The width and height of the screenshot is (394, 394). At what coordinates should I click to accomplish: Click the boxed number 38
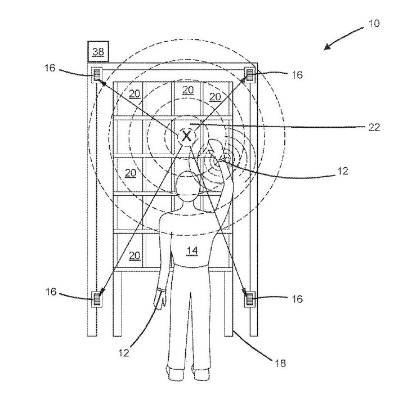[98, 52]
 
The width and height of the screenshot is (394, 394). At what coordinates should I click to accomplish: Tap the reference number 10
[374, 24]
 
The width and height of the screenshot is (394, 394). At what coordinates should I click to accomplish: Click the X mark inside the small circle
[186, 136]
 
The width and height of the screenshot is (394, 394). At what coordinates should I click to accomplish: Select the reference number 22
[374, 127]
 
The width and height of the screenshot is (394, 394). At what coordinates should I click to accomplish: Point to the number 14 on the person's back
[192, 250]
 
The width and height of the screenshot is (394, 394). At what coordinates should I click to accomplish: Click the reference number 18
[280, 363]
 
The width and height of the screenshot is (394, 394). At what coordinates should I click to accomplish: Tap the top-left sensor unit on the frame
[97, 74]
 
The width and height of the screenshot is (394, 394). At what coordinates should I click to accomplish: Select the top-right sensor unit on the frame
[250, 75]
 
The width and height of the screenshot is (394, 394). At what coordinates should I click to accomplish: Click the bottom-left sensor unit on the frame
[97, 299]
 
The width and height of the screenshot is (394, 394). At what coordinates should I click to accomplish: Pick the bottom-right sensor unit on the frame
[250, 299]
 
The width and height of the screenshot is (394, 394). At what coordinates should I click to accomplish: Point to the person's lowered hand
[160, 299]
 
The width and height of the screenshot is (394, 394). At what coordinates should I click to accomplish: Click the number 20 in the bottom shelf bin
[135, 256]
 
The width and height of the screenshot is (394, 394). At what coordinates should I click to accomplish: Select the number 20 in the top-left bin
[135, 94]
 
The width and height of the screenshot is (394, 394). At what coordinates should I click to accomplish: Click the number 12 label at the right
[342, 171]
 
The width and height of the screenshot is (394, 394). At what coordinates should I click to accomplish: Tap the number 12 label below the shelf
[124, 353]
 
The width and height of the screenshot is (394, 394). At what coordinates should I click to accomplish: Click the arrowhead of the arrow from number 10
[326, 48]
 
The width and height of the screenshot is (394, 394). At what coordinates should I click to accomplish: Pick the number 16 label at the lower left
[51, 292]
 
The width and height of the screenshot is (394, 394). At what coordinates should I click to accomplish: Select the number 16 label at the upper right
[297, 75]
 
